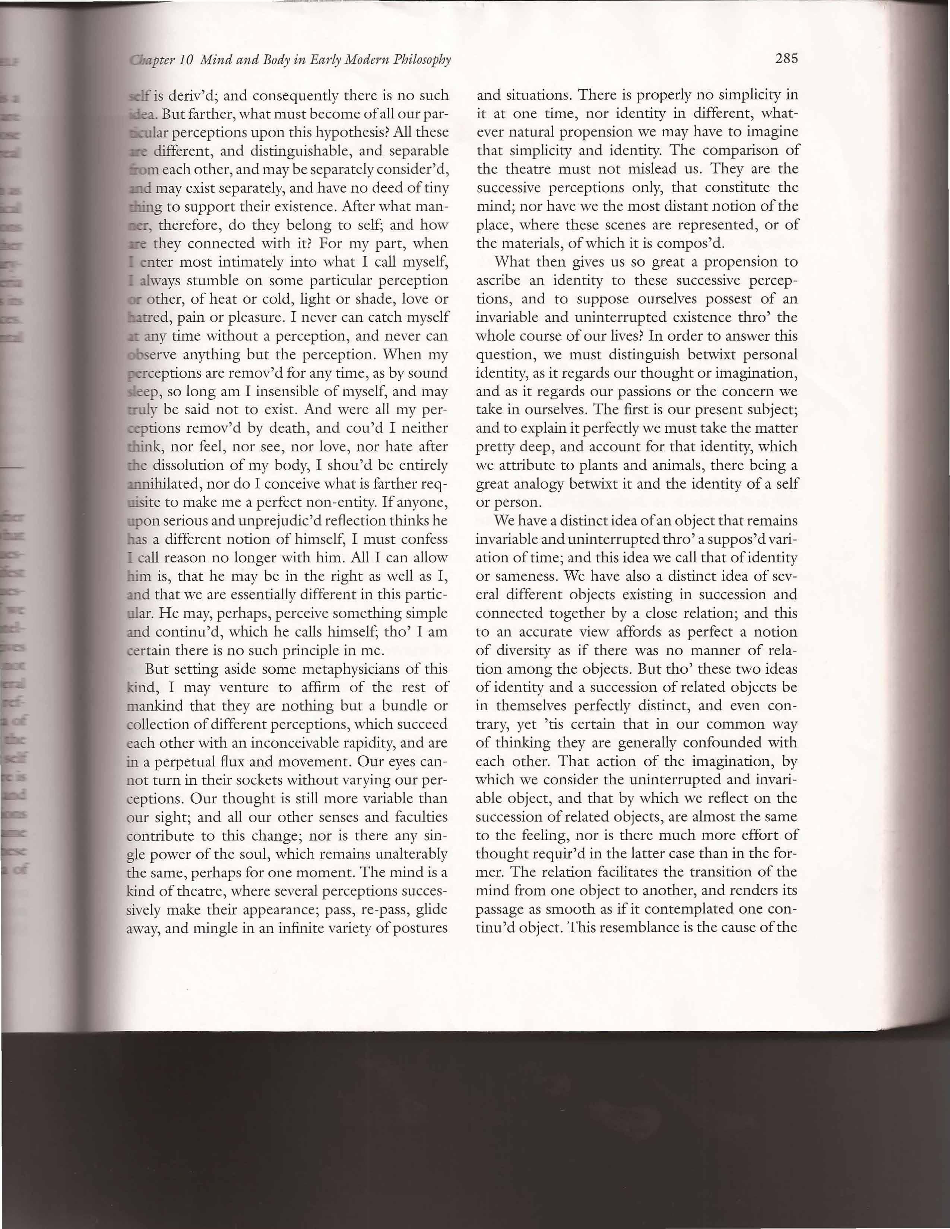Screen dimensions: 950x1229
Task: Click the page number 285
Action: tap(786, 58)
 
